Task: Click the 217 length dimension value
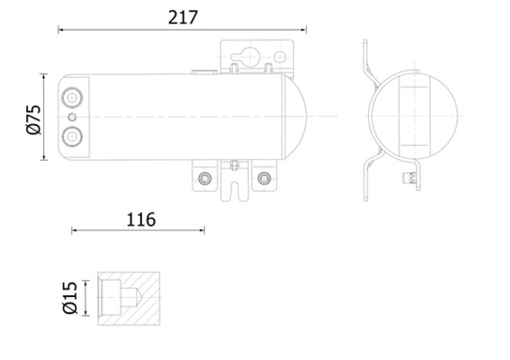[x=183, y=18]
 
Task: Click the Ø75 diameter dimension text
[x=34, y=120]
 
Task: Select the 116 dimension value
[x=141, y=220]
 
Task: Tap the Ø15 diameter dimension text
[x=70, y=298]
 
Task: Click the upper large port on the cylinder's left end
[x=72, y=97]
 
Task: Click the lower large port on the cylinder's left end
[x=72, y=137]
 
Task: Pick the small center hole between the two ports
[x=72, y=117]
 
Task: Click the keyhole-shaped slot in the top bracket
[x=245, y=57]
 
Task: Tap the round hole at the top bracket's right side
[x=280, y=57]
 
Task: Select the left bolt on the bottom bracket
[x=204, y=178]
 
